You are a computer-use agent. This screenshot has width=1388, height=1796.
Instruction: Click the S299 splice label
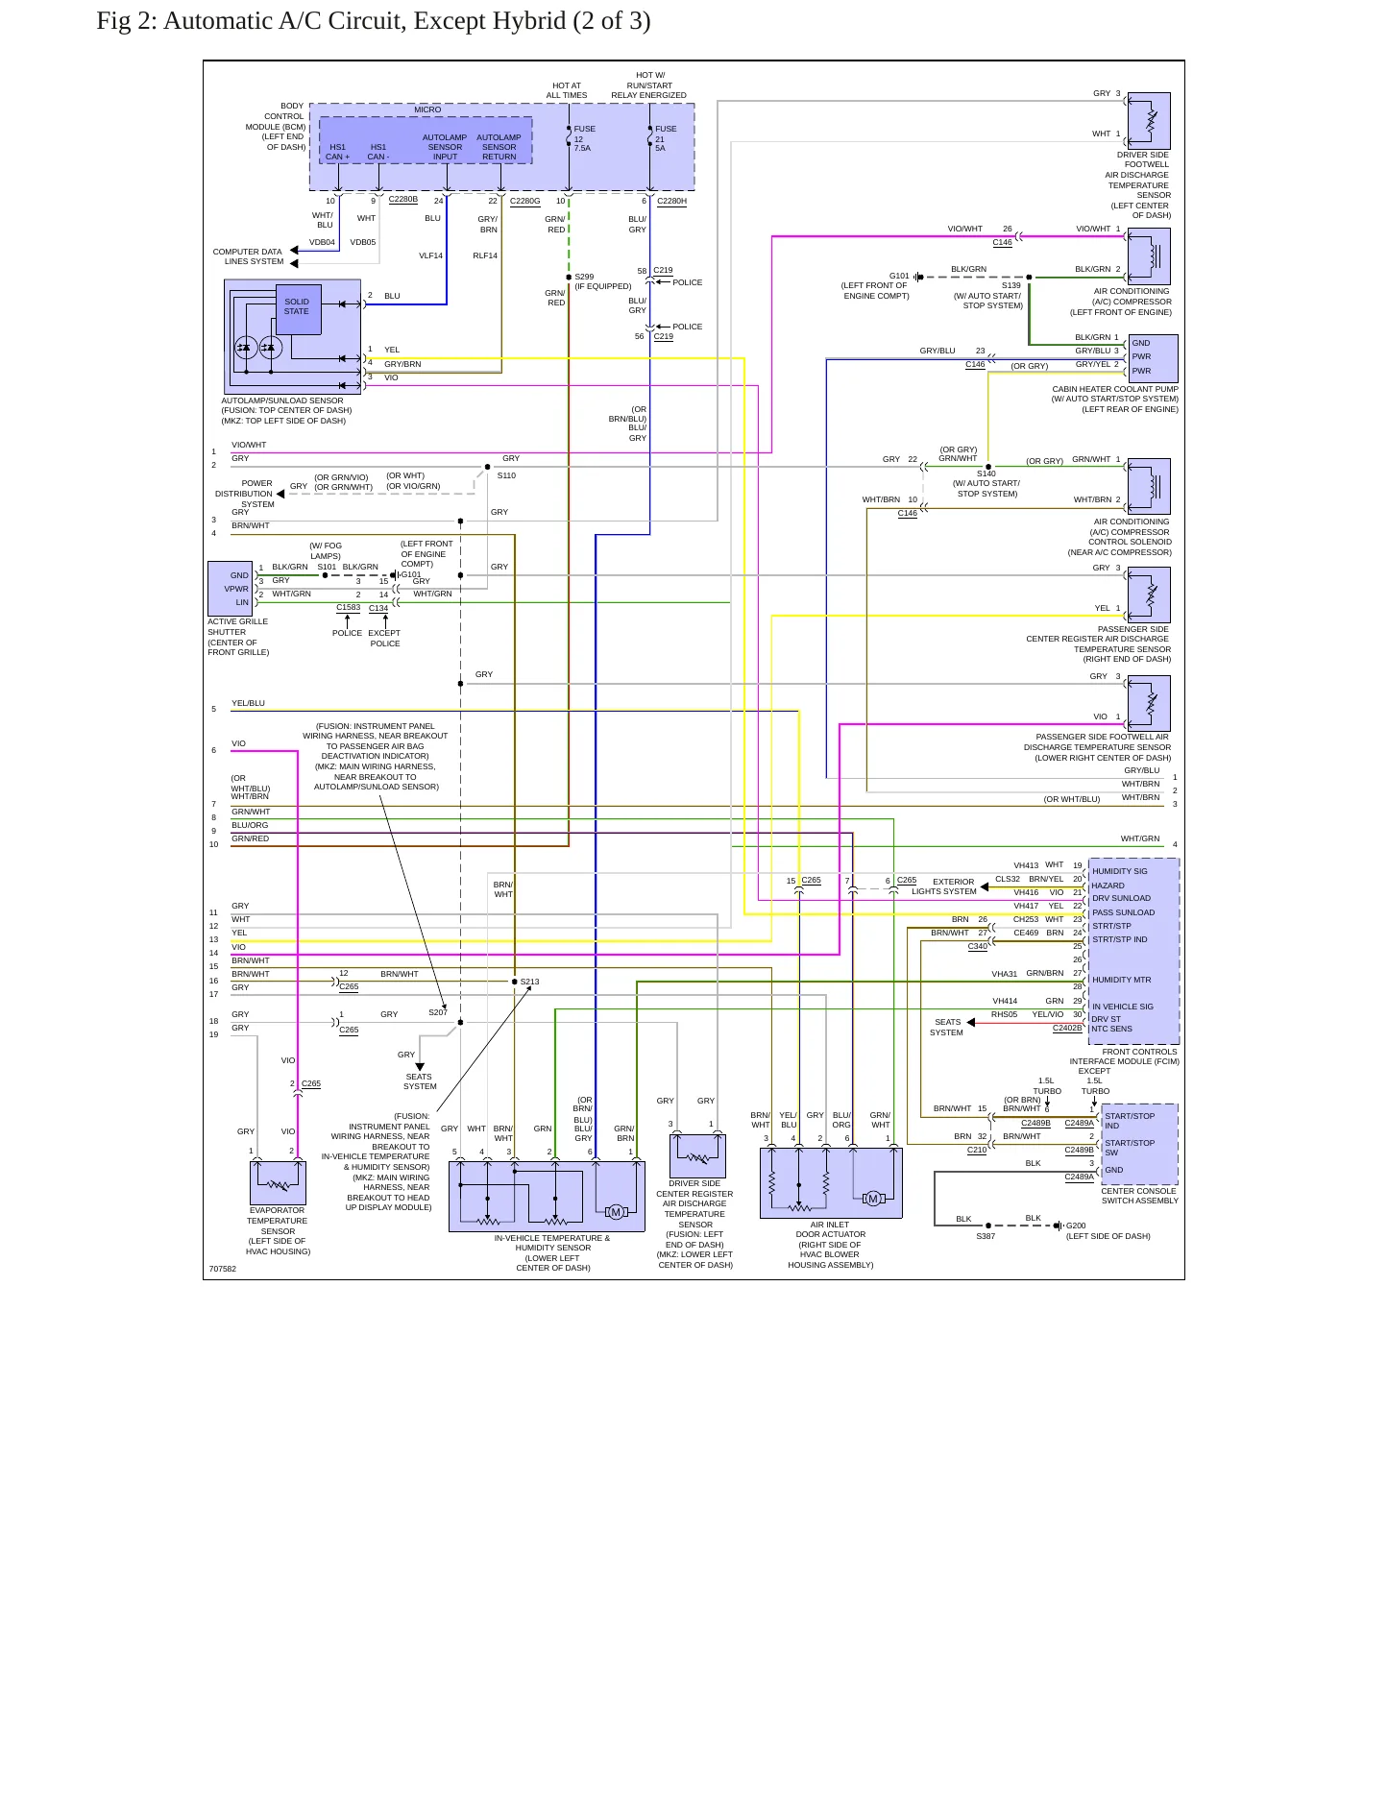[x=584, y=277]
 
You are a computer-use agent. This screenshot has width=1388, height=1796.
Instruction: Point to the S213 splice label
[x=529, y=982]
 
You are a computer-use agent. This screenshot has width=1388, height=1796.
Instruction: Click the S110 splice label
[x=506, y=475]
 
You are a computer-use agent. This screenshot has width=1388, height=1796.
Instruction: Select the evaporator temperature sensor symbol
[x=278, y=1183]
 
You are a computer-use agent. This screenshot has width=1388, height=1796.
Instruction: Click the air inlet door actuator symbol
[x=831, y=1183]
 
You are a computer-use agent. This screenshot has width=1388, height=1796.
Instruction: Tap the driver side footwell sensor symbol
[x=1149, y=120]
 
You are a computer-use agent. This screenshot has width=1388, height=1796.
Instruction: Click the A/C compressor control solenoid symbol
[x=1149, y=486]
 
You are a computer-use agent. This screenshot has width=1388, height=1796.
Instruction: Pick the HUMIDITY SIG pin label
[x=1119, y=871]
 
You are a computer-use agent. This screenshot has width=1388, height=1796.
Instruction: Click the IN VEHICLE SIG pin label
[x=1122, y=1007]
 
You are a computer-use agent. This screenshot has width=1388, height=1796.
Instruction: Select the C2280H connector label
[x=671, y=201]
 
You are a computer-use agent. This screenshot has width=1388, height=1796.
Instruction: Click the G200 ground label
[x=1076, y=1226]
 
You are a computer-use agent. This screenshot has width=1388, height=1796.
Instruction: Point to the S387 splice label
[x=986, y=1236]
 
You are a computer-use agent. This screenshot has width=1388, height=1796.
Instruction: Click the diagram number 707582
[x=223, y=1269]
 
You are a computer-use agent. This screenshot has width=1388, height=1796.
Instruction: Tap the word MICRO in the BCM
[x=427, y=109]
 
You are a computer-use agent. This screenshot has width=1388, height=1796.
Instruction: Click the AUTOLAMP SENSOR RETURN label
[x=499, y=147]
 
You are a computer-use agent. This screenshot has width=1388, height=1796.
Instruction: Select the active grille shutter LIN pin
[x=242, y=602]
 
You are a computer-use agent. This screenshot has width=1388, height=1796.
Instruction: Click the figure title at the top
[x=374, y=21]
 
